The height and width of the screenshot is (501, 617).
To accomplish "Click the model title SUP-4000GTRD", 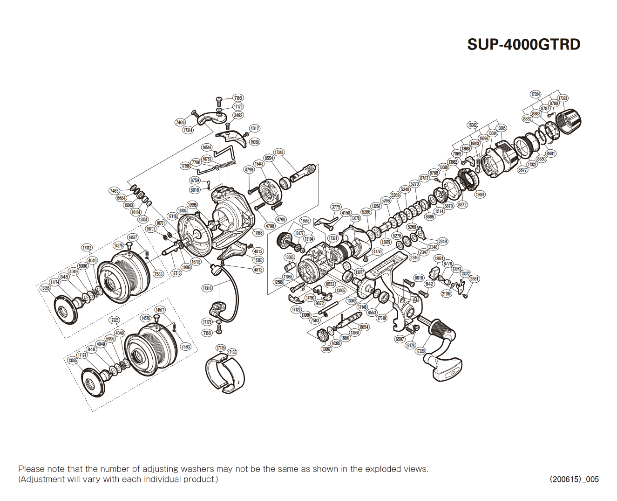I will [524, 45].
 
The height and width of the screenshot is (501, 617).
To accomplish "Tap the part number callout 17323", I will [563, 98].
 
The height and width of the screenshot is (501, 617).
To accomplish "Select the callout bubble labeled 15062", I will [473, 125].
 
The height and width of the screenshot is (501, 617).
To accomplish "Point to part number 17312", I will [87, 248].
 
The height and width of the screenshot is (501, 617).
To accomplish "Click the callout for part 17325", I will [114, 320].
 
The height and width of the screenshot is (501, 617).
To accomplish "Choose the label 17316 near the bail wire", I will [207, 288].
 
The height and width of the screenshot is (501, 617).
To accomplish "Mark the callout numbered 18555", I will [305, 221].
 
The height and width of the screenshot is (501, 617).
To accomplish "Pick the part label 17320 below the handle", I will [420, 351].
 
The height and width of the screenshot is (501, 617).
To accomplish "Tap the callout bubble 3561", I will [474, 279].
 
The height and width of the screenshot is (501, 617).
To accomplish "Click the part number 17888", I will [258, 233].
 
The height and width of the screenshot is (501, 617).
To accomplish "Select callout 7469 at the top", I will [180, 123].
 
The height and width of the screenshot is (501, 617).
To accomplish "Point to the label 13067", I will [326, 349].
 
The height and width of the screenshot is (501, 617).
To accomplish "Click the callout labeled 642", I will [429, 284].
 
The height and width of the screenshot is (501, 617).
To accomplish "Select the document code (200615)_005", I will [574, 479].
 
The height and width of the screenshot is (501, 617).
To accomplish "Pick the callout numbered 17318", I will [278, 153].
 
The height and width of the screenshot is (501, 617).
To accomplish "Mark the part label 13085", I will [501, 128].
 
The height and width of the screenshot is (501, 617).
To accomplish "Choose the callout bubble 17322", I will [532, 165].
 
